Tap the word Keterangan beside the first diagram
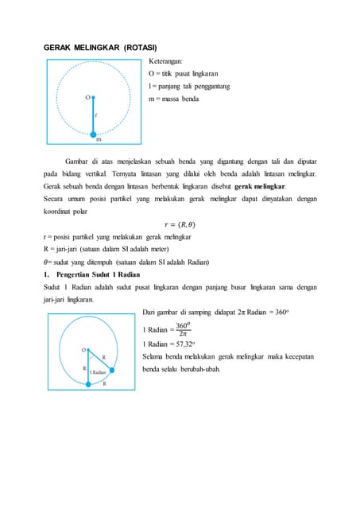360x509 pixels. [x=165, y=60]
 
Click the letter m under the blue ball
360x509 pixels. [x=99, y=139]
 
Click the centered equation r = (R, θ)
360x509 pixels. [x=180, y=224]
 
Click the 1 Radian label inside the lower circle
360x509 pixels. [x=99, y=372]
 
